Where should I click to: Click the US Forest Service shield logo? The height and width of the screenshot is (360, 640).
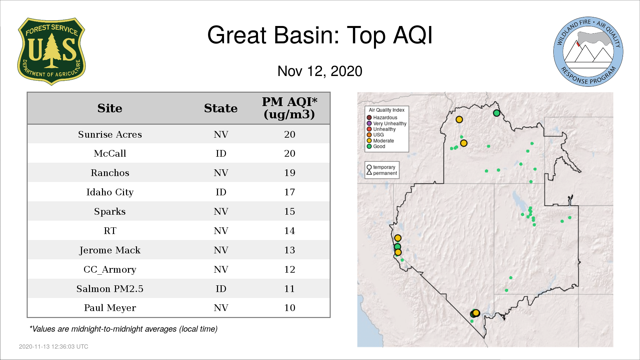[x=51, y=52]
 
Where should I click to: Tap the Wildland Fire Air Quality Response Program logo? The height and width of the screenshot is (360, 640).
[x=588, y=52]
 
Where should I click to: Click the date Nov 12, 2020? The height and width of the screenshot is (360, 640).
[x=320, y=71]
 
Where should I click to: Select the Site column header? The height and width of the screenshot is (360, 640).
[x=110, y=108]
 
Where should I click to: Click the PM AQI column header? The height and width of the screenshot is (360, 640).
[x=289, y=108]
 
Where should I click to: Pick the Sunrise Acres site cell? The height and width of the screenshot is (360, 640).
[x=110, y=134]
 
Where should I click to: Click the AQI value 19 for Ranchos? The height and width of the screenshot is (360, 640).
[x=290, y=173]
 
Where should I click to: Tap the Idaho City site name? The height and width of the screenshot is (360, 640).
[x=110, y=192]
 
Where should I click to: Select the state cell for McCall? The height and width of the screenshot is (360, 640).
[x=221, y=154]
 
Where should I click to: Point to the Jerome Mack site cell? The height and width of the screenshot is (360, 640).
[x=110, y=250]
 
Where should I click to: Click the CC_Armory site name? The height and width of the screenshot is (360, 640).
[x=110, y=269]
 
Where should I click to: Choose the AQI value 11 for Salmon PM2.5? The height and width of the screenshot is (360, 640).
[x=290, y=289]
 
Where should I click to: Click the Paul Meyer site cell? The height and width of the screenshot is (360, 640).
[x=110, y=308]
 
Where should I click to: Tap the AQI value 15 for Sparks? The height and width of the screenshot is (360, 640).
[x=290, y=211]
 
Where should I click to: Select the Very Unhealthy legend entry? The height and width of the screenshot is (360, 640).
[x=387, y=123]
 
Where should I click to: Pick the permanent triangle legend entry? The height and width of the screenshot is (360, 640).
[x=382, y=173]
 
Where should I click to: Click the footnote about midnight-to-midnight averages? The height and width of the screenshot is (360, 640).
[x=123, y=329]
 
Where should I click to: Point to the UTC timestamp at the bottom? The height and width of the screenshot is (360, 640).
[x=53, y=347]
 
